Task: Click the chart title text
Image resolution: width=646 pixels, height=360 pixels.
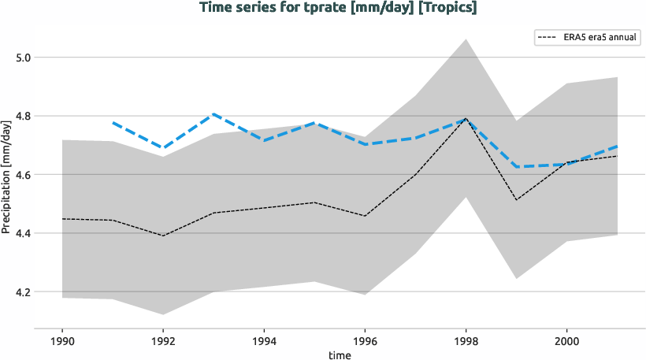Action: click(339, 8)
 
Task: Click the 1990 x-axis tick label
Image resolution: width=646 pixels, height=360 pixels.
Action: click(62, 343)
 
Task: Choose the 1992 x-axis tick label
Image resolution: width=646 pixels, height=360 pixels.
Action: click(163, 343)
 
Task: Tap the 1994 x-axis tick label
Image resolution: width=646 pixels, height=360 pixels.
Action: click(264, 343)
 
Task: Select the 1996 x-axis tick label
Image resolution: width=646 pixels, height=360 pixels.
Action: click(365, 343)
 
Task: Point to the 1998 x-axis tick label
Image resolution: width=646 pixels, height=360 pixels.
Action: click(466, 343)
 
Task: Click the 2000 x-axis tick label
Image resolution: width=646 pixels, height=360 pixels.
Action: click(566, 343)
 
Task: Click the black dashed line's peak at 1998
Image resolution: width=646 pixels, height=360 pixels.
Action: click(466, 119)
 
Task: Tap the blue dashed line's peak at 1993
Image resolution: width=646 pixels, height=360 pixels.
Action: click(213, 114)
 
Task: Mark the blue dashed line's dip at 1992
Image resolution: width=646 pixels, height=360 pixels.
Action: click(163, 147)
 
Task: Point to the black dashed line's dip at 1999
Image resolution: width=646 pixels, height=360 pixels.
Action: click(516, 200)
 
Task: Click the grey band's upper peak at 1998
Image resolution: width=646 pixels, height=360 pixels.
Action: click(466, 39)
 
